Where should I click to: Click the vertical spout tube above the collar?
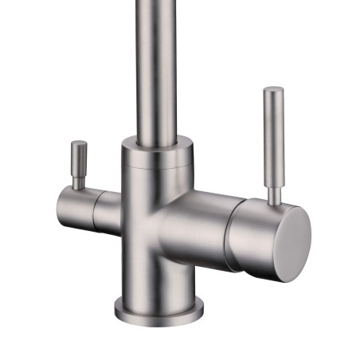tap(155, 64)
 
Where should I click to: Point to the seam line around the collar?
tap(156, 168)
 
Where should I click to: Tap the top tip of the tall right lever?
tap(273, 89)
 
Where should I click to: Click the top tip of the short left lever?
tap(79, 143)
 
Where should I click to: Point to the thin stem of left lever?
tap(78, 181)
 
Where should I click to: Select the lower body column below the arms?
tap(156, 271)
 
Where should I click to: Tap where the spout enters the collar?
tap(155, 141)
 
